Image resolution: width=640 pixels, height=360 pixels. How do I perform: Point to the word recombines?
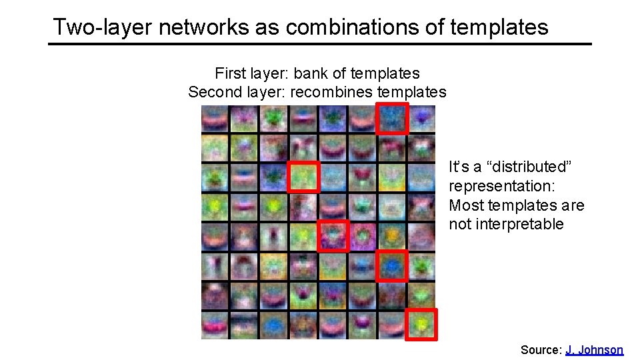coord(330,91)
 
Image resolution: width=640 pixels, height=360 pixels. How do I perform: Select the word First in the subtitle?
coord(229,73)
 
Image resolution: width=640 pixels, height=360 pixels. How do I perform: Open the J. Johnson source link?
coord(594,349)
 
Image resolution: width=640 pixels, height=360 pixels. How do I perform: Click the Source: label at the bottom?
coord(541,349)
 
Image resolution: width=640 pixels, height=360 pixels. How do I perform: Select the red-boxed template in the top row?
coord(392,119)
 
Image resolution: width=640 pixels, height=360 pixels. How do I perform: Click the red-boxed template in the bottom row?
coord(421,325)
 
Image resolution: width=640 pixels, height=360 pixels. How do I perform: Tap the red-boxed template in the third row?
coord(303,177)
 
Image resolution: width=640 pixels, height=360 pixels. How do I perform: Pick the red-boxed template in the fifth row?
coord(333,236)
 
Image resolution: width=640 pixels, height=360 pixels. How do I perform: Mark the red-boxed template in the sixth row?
coord(392,266)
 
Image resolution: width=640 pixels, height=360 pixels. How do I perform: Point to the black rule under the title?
coord(320,44)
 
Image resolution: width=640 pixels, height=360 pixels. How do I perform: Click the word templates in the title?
coord(499,27)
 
